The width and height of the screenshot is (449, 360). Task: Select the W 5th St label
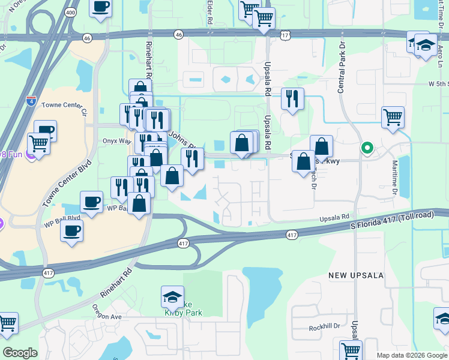438,84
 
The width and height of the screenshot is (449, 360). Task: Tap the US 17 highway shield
284,36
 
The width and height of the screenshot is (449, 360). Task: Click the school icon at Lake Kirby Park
172,297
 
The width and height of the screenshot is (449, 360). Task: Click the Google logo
20,353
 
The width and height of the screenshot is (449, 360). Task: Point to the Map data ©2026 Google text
411,355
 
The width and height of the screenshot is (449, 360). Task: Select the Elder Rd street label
209,12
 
